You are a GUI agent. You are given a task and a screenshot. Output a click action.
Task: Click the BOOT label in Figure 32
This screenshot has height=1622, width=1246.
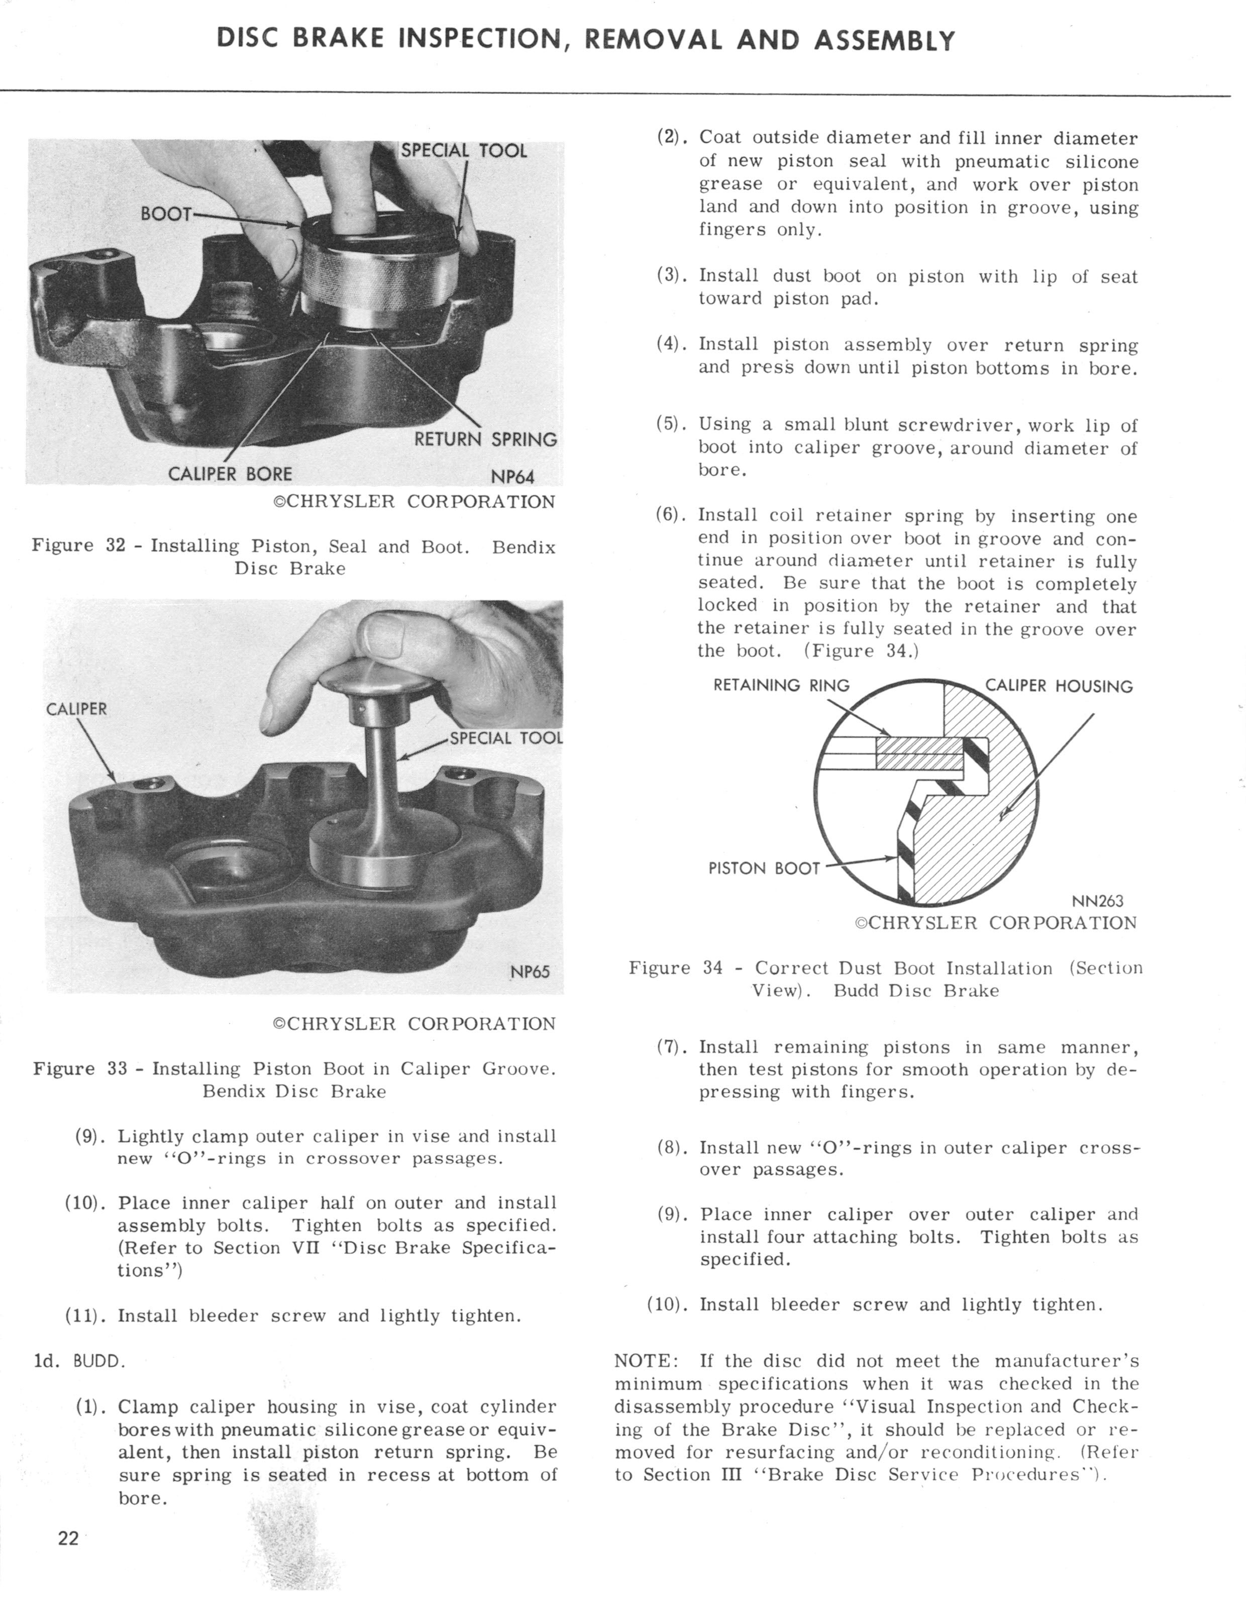click(x=166, y=214)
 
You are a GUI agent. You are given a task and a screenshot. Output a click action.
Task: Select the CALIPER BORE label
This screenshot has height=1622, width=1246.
click(x=230, y=473)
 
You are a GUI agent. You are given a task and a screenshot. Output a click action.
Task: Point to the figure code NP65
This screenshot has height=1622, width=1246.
click(x=530, y=971)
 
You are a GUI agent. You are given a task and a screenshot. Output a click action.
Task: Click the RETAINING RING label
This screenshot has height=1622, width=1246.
click(x=781, y=685)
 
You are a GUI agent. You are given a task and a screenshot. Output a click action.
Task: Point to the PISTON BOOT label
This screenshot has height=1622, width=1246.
click(x=764, y=868)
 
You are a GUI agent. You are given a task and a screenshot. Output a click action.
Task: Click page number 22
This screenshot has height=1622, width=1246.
click(x=68, y=1538)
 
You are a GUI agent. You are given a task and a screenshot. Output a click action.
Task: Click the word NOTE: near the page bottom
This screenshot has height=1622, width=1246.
click(x=645, y=1361)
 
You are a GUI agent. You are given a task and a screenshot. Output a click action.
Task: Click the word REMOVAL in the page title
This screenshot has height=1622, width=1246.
click(x=653, y=39)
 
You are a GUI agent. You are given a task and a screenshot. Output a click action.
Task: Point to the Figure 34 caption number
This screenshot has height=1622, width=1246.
click(x=712, y=968)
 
